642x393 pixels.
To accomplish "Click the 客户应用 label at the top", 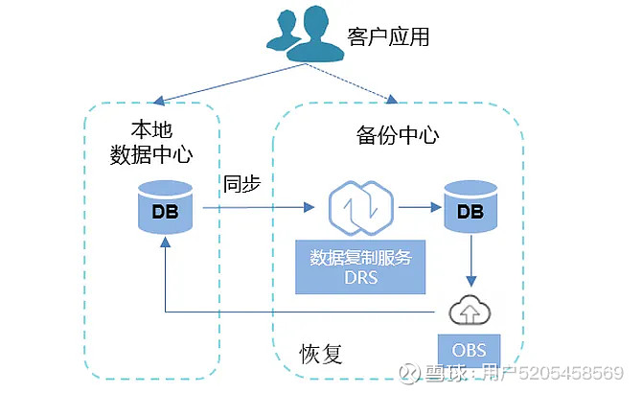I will click(x=387, y=37).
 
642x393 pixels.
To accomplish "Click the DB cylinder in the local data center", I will click(x=165, y=209).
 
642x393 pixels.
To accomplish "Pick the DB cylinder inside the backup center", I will click(x=470, y=209).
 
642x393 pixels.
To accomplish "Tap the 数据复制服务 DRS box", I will click(x=361, y=267).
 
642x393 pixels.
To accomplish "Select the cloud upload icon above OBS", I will click(x=470, y=309).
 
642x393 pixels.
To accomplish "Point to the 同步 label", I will click(x=242, y=182).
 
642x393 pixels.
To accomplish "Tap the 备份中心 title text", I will click(x=391, y=135).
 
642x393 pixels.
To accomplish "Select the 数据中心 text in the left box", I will click(x=150, y=154).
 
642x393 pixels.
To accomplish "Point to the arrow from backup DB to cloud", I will click(x=470, y=262).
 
